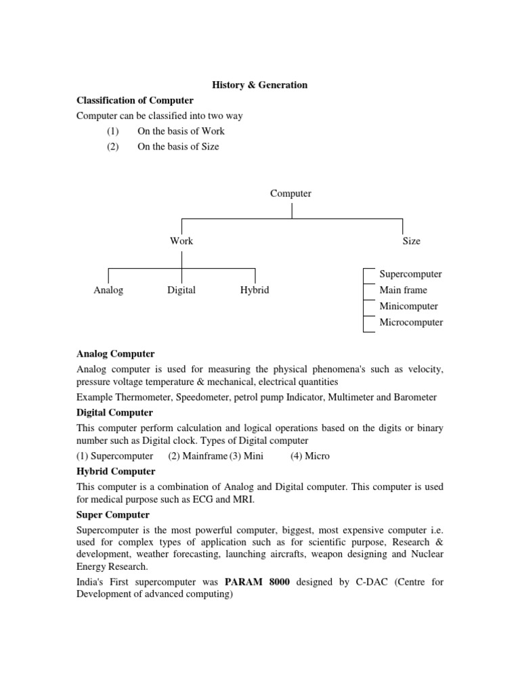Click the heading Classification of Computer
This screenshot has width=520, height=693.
pos(135,101)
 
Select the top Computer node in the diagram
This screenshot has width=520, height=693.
pos(291,194)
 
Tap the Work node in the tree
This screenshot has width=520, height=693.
pos(181,241)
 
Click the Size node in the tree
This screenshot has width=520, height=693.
pos(411,241)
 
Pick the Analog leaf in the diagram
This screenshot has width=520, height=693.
pos(108,290)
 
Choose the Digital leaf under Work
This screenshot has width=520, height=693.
pos(181,290)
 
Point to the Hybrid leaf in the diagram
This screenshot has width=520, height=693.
pos(255,290)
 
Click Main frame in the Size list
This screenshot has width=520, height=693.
pos(404,290)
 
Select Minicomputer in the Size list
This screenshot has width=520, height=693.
pos(408,307)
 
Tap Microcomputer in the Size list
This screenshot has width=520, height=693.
pos(411,322)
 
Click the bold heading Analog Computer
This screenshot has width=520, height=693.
pos(115,354)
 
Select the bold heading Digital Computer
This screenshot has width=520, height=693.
pos(114,413)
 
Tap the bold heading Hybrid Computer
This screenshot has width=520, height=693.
pos(116,472)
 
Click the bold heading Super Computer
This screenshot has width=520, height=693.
pos(112,515)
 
